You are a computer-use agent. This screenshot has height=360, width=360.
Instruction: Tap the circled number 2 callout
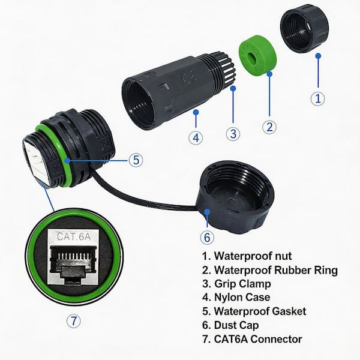click(x=270, y=127)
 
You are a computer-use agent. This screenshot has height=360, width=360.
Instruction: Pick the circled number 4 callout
click(x=196, y=137)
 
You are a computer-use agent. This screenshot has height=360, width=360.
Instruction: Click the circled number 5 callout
click(x=136, y=160)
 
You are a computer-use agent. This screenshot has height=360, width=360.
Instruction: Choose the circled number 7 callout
click(x=73, y=320)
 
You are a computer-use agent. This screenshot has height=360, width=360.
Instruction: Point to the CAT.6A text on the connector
click(x=73, y=236)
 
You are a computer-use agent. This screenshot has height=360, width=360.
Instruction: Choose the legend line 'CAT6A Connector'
click(x=253, y=339)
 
